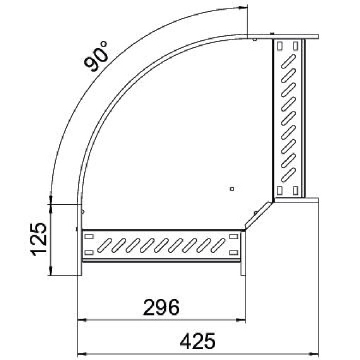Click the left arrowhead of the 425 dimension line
pos(80,352)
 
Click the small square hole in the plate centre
pos(232,188)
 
